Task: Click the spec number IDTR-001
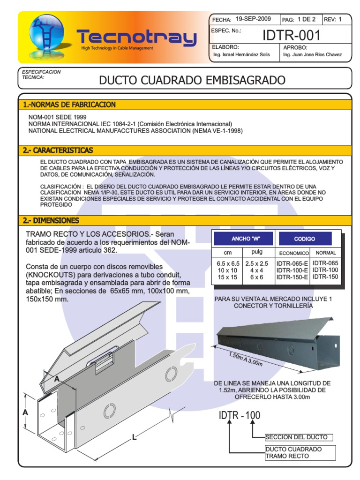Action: pyautogui.click(x=292, y=35)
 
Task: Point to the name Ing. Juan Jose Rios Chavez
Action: pyautogui.click(x=313, y=55)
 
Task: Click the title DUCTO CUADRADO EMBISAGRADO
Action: pyautogui.click(x=192, y=81)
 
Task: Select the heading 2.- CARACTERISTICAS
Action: pyautogui.click(x=58, y=150)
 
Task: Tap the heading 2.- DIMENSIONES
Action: pyautogui.click(x=51, y=220)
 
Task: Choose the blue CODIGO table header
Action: pyautogui.click(x=305, y=239)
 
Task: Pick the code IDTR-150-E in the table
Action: pyautogui.click(x=292, y=277)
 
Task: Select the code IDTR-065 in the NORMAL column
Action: pyautogui.click(x=325, y=263)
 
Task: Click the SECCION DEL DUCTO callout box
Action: pyautogui.click(x=299, y=437)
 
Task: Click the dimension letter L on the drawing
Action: pyautogui.click(x=134, y=437)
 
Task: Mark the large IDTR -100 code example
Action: pyautogui.click(x=240, y=415)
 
